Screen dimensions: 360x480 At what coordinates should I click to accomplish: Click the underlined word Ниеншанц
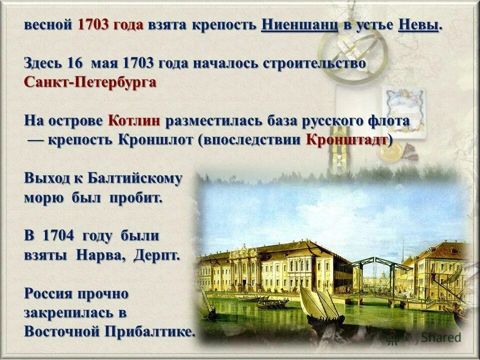[299, 25]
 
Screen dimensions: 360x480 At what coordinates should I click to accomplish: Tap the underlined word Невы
[418, 25]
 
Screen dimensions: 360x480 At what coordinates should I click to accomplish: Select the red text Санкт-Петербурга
[90, 82]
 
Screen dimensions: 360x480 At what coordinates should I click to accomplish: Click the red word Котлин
[133, 120]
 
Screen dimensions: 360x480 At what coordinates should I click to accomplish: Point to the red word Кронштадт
[347, 139]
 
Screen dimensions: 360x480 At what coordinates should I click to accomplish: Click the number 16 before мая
[74, 63]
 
